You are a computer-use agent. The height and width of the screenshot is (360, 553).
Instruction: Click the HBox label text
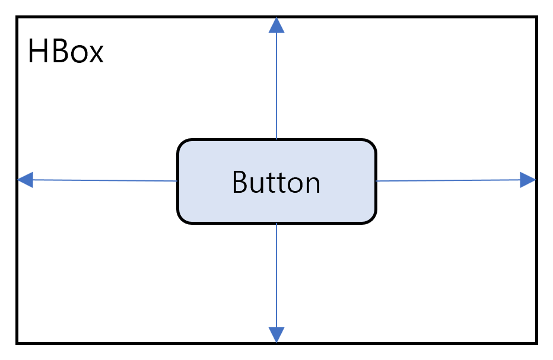click(66, 52)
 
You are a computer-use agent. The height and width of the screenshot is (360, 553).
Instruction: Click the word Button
click(276, 182)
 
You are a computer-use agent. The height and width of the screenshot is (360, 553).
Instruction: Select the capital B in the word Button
click(240, 182)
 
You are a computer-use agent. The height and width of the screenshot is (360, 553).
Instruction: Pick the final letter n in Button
click(313, 186)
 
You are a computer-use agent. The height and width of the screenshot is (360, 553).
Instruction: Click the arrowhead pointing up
click(276, 26)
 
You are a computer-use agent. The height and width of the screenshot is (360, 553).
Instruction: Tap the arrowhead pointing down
click(276, 334)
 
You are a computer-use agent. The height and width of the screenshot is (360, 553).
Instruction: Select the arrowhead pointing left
click(26, 180)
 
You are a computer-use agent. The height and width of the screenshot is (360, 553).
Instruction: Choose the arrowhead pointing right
click(528, 180)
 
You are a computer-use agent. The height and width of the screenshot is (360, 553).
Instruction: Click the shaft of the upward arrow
click(276, 86)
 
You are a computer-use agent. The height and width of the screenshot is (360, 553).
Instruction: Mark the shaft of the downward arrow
click(276, 275)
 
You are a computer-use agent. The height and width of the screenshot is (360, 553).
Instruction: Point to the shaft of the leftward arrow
click(105, 180)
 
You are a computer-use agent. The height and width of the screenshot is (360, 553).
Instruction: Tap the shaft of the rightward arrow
click(448, 180)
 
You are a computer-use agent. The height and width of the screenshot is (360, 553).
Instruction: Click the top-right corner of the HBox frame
click(536, 17)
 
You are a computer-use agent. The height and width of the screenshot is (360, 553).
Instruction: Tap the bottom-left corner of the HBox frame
click(17, 343)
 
